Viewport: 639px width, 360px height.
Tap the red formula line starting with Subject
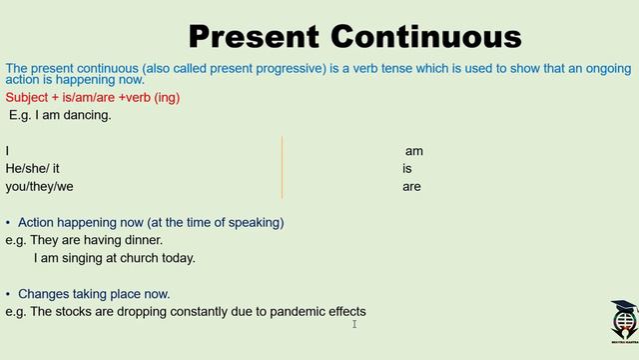[93, 98]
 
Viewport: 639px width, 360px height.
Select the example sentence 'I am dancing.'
[62, 115]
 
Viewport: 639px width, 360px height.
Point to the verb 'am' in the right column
[413, 151]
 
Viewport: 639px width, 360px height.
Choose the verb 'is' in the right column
[407, 169]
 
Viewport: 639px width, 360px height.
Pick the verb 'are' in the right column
[411, 186]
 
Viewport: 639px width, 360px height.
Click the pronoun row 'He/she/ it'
[32, 169]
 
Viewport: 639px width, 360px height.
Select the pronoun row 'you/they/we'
[39, 186]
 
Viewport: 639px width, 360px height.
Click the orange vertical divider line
[283, 167]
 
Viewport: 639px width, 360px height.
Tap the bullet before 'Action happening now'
[9, 222]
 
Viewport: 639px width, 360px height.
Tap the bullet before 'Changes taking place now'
[9, 294]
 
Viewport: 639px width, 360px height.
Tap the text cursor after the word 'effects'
[354, 322]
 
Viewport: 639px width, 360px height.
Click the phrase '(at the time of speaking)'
[216, 222]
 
